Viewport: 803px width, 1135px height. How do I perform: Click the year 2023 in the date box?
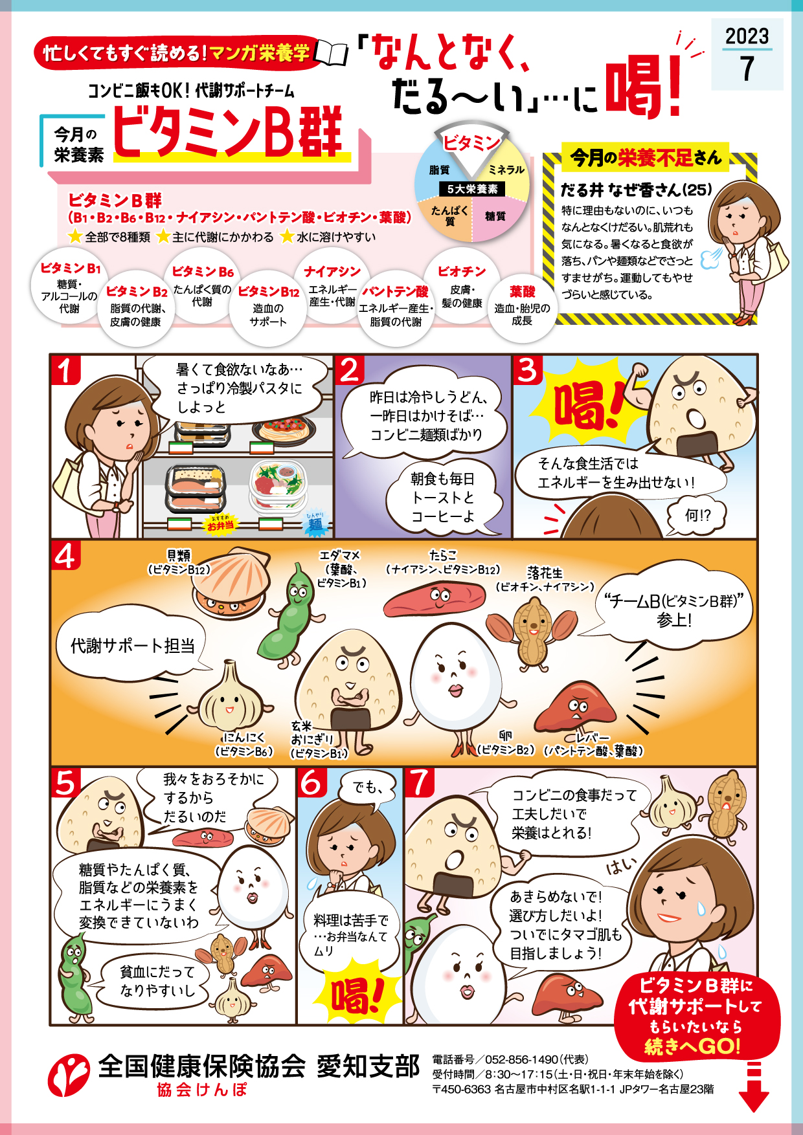[747, 36]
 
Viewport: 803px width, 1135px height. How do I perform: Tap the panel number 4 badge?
[65, 556]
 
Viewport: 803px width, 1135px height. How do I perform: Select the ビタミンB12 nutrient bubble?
[268, 307]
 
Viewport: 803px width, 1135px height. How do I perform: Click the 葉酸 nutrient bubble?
[522, 306]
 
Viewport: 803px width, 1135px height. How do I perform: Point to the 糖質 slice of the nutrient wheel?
[495, 216]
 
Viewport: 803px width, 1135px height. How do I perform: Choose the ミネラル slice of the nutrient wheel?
[506, 170]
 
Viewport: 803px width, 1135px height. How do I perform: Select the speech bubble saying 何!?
[697, 515]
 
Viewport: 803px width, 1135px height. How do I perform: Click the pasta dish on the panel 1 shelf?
[284, 429]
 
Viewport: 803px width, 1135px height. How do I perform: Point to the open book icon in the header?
[331, 53]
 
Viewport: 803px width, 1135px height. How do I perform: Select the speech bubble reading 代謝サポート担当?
[133, 645]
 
